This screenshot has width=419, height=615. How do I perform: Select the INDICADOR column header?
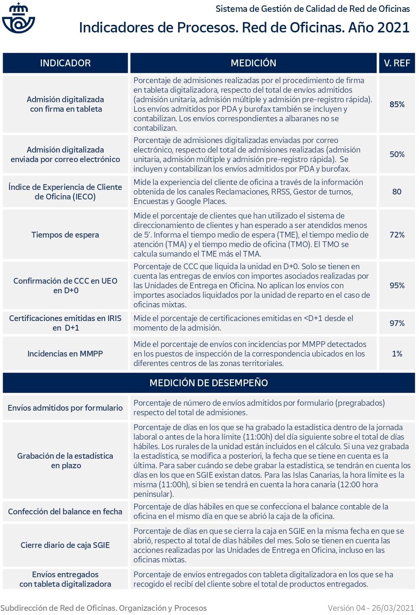(x=65, y=63)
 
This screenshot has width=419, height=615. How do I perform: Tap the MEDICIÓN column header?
(x=253, y=63)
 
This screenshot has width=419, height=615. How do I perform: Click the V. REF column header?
(x=397, y=63)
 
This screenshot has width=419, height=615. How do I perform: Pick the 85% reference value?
(x=397, y=104)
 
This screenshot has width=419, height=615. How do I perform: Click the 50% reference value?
(x=397, y=154)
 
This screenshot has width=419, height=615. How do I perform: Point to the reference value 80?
(x=397, y=191)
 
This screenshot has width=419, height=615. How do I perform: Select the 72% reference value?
(x=397, y=235)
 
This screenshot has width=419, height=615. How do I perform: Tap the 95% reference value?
(x=397, y=286)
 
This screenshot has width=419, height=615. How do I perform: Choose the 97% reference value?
(x=397, y=323)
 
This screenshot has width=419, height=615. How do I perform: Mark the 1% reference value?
(x=397, y=354)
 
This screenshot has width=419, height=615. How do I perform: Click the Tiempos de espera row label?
(x=65, y=235)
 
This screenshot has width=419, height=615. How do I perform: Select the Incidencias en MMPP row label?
(x=65, y=354)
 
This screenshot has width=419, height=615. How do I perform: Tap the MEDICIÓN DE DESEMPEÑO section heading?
(x=209, y=383)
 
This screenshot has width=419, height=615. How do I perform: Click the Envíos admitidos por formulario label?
(x=65, y=408)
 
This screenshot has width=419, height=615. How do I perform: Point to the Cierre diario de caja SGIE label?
(x=65, y=545)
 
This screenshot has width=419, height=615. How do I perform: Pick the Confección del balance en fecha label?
(x=65, y=512)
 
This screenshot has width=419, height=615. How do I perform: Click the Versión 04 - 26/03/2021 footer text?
(x=371, y=608)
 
